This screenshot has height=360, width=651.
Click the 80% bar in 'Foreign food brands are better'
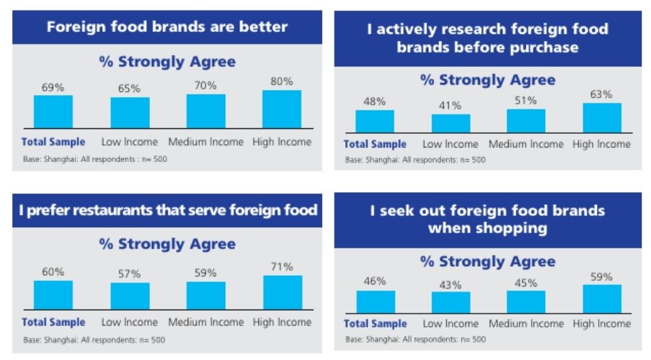[x=281, y=109]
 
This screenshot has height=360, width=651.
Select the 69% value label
[x=53, y=88]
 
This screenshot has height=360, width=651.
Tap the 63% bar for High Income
[x=602, y=118]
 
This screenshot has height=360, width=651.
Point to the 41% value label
[x=450, y=105]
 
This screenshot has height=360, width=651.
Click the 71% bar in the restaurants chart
[x=282, y=293]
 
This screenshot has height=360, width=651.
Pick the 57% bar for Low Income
[x=130, y=296]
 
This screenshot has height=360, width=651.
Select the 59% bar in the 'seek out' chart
[x=602, y=299]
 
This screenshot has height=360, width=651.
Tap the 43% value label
[x=450, y=285]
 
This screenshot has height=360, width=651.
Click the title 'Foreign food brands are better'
[x=167, y=27]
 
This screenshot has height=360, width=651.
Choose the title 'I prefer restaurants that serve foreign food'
[x=167, y=211]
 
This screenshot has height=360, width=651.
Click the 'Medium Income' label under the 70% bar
[x=206, y=142]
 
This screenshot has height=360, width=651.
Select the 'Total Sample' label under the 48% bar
[x=375, y=144]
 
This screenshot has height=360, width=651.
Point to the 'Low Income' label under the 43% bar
[x=450, y=324]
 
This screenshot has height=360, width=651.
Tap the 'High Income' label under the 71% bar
[x=282, y=322]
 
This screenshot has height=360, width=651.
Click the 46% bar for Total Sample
[x=375, y=302]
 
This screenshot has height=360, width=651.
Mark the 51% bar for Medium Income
[x=526, y=121]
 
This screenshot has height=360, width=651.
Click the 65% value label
[x=130, y=89]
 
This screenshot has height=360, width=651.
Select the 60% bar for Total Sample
[x=53, y=295]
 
